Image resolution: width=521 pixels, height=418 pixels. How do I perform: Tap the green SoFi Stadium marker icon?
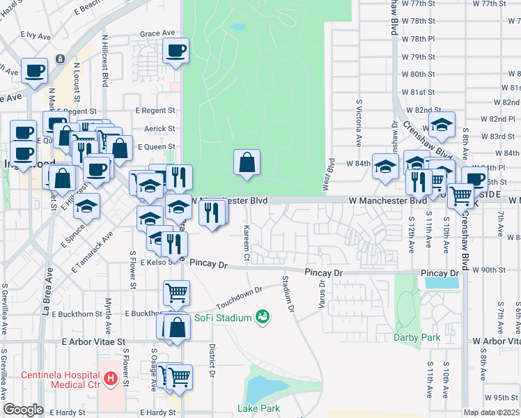click(263, 317)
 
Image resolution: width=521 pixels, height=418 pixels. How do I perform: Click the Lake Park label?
click(257, 408)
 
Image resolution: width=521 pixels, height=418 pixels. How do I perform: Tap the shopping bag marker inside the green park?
click(247, 164)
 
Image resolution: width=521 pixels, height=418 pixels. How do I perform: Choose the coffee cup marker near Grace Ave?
click(176, 50)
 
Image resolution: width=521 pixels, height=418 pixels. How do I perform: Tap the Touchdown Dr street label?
click(239, 297)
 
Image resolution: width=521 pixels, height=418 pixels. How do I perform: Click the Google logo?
click(23, 410)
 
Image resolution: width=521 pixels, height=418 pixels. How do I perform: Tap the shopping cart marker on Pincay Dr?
click(176, 293)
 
